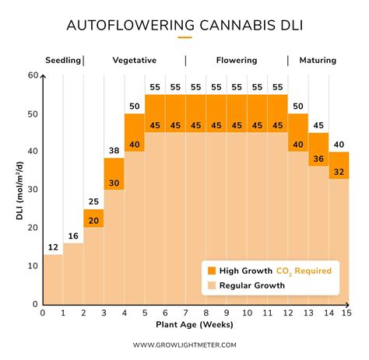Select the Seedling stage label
pyautogui.click(x=62, y=60)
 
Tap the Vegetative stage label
pyautogui.click(x=134, y=60)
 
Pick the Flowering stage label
pyautogui.click(x=236, y=60)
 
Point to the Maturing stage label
pyautogui.click(x=318, y=60)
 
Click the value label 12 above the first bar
pyautogui.click(x=52, y=247)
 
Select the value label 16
pyautogui.click(x=73, y=236)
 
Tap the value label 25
pyautogui.click(x=93, y=202)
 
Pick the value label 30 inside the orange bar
pyautogui.click(x=114, y=183)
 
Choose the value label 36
pyautogui.click(x=318, y=159)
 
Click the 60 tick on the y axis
pyautogui.click(x=33, y=75)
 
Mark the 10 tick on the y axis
pyautogui.click(x=33, y=266)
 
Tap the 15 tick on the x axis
pyautogui.click(x=348, y=313)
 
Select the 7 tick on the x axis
pyautogui.click(x=185, y=313)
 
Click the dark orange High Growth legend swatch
pyautogui.click(x=211, y=271)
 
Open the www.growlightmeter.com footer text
pyautogui.click(x=184, y=344)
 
